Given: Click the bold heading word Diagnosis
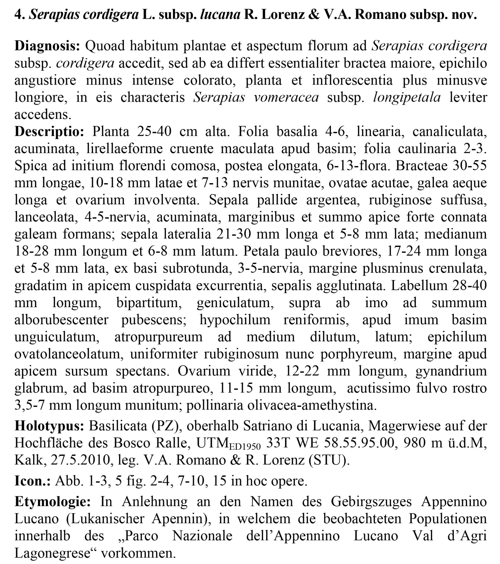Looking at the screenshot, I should (47, 46).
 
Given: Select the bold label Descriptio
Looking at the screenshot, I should (49, 131).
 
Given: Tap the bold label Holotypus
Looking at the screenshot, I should (49, 426).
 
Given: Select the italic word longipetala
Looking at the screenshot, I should (407, 97).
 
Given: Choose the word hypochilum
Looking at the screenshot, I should (235, 320).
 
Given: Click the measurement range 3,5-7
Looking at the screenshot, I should (29, 405).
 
